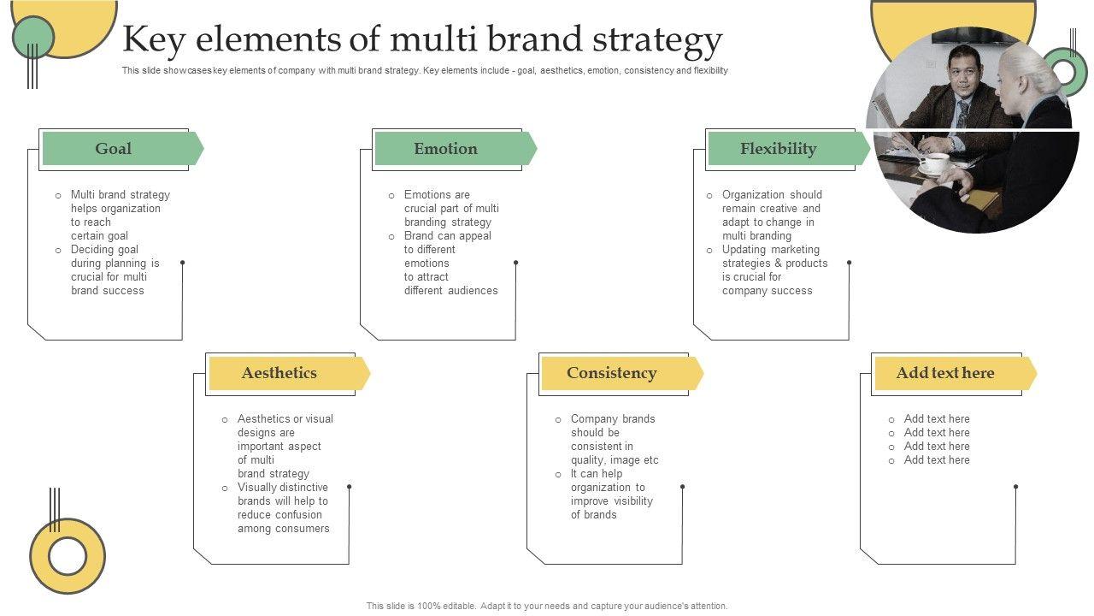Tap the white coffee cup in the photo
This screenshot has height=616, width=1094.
933,162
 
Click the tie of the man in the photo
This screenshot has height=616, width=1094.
963,112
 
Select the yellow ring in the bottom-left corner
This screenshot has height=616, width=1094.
68,556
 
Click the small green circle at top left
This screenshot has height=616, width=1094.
33,37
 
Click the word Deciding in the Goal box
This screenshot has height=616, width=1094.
92,250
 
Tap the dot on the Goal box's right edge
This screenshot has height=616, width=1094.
182,263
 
